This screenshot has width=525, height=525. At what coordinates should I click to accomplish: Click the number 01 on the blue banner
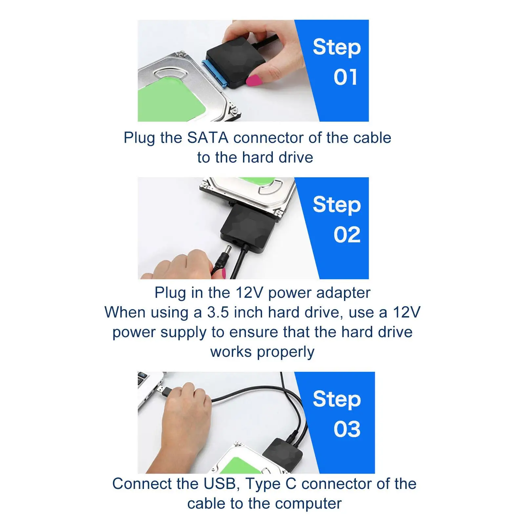coord(345,77)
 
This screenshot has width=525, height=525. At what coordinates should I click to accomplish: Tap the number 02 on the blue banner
coord(347,235)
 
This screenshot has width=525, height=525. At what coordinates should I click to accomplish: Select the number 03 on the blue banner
coord(347,429)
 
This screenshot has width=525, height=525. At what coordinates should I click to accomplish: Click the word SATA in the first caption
coord(208,138)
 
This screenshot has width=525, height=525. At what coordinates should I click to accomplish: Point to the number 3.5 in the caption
coord(218,313)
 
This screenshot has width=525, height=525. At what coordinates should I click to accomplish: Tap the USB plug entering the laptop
coord(163,391)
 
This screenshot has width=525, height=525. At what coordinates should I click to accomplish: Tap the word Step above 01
coord(337,48)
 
